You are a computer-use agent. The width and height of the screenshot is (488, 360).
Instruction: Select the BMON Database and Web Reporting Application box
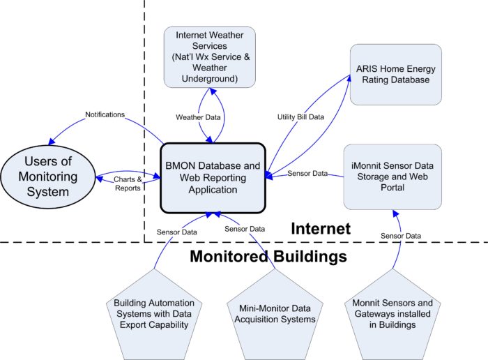213,177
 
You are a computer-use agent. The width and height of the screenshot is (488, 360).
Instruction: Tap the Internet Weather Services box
210,57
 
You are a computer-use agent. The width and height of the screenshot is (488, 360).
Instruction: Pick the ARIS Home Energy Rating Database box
395,75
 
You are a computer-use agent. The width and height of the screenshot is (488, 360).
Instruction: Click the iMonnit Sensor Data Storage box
392,177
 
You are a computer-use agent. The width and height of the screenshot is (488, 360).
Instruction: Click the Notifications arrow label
105,114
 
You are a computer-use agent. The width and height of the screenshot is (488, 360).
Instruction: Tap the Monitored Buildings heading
268,257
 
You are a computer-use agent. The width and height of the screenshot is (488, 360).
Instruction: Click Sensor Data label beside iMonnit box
307,172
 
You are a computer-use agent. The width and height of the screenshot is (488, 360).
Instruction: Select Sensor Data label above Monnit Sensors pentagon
400,237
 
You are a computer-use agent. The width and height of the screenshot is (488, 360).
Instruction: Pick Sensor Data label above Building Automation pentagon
176,232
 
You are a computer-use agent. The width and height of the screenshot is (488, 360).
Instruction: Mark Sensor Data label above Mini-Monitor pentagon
244,228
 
